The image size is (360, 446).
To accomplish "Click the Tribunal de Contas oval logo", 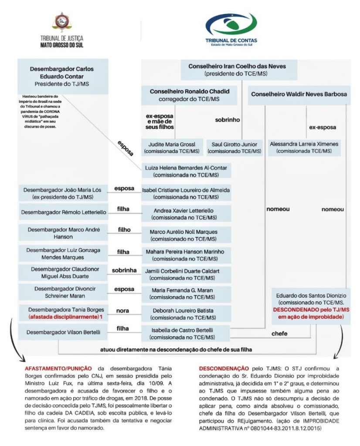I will click(x=231, y=25).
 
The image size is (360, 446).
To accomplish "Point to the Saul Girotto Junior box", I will click(x=234, y=147).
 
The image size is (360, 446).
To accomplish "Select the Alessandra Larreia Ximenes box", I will click(x=304, y=147).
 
